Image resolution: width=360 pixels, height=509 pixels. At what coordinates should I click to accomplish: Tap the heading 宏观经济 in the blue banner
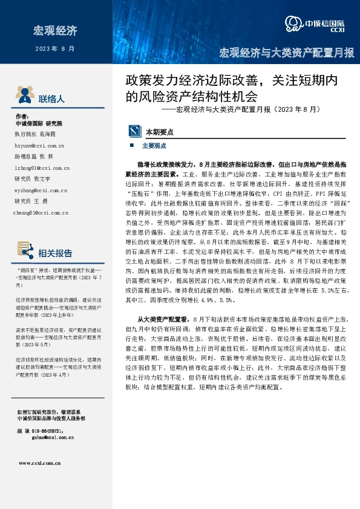(x=55, y=30)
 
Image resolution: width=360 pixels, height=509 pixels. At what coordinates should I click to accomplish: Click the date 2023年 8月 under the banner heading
(x=55, y=48)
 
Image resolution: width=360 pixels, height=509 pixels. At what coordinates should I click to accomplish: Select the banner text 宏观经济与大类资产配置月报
(x=286, y=53)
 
